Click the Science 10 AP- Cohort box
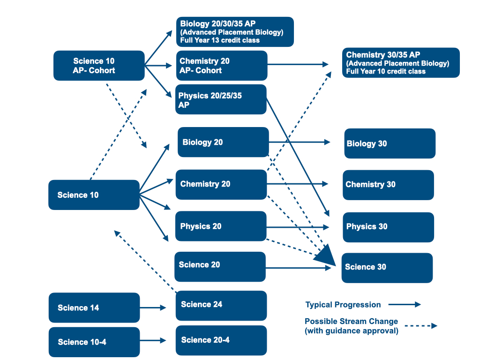pos(99,66)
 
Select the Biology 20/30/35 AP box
pos(235,31)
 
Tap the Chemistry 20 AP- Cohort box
pos(221,66)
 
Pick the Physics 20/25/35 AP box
pos(221,99)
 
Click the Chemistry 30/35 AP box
pos(401,62)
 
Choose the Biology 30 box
pos(390,143)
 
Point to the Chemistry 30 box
pos(388,185)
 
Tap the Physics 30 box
pos(388,227)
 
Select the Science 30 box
pos(387,268)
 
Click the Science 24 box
pos(221,305)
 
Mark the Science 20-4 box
pos(221,340)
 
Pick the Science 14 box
pos(94,308)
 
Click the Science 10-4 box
pos(94,342)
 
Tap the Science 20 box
pos(220,266)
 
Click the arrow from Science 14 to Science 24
pos(153,308)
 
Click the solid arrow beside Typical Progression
pos(405,305)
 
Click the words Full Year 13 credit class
pos(220,40)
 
